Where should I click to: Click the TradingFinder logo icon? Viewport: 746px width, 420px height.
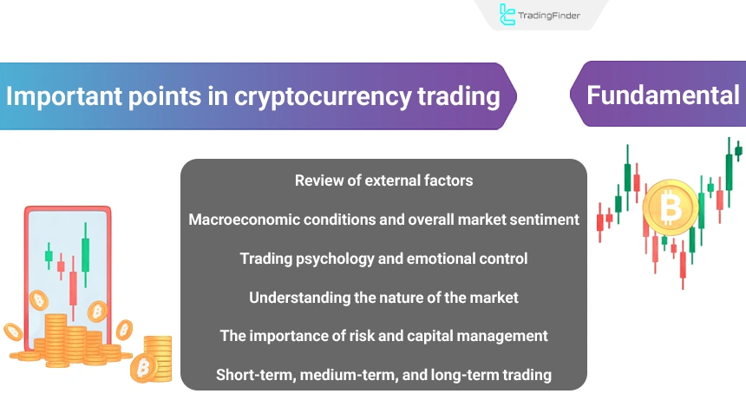[x=508, y=14]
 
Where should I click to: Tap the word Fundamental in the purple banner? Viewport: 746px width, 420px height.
[x=663, y=95]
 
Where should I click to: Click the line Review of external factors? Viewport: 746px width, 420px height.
[x=383, y=180]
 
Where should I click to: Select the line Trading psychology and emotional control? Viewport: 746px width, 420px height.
[x=383, y=259]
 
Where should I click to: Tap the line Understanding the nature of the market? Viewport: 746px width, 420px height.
[x=383, y=298]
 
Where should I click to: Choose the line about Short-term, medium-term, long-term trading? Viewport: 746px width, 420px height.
[x=383, y=375]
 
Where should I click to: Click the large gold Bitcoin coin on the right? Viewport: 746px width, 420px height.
[x=670, y=207]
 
